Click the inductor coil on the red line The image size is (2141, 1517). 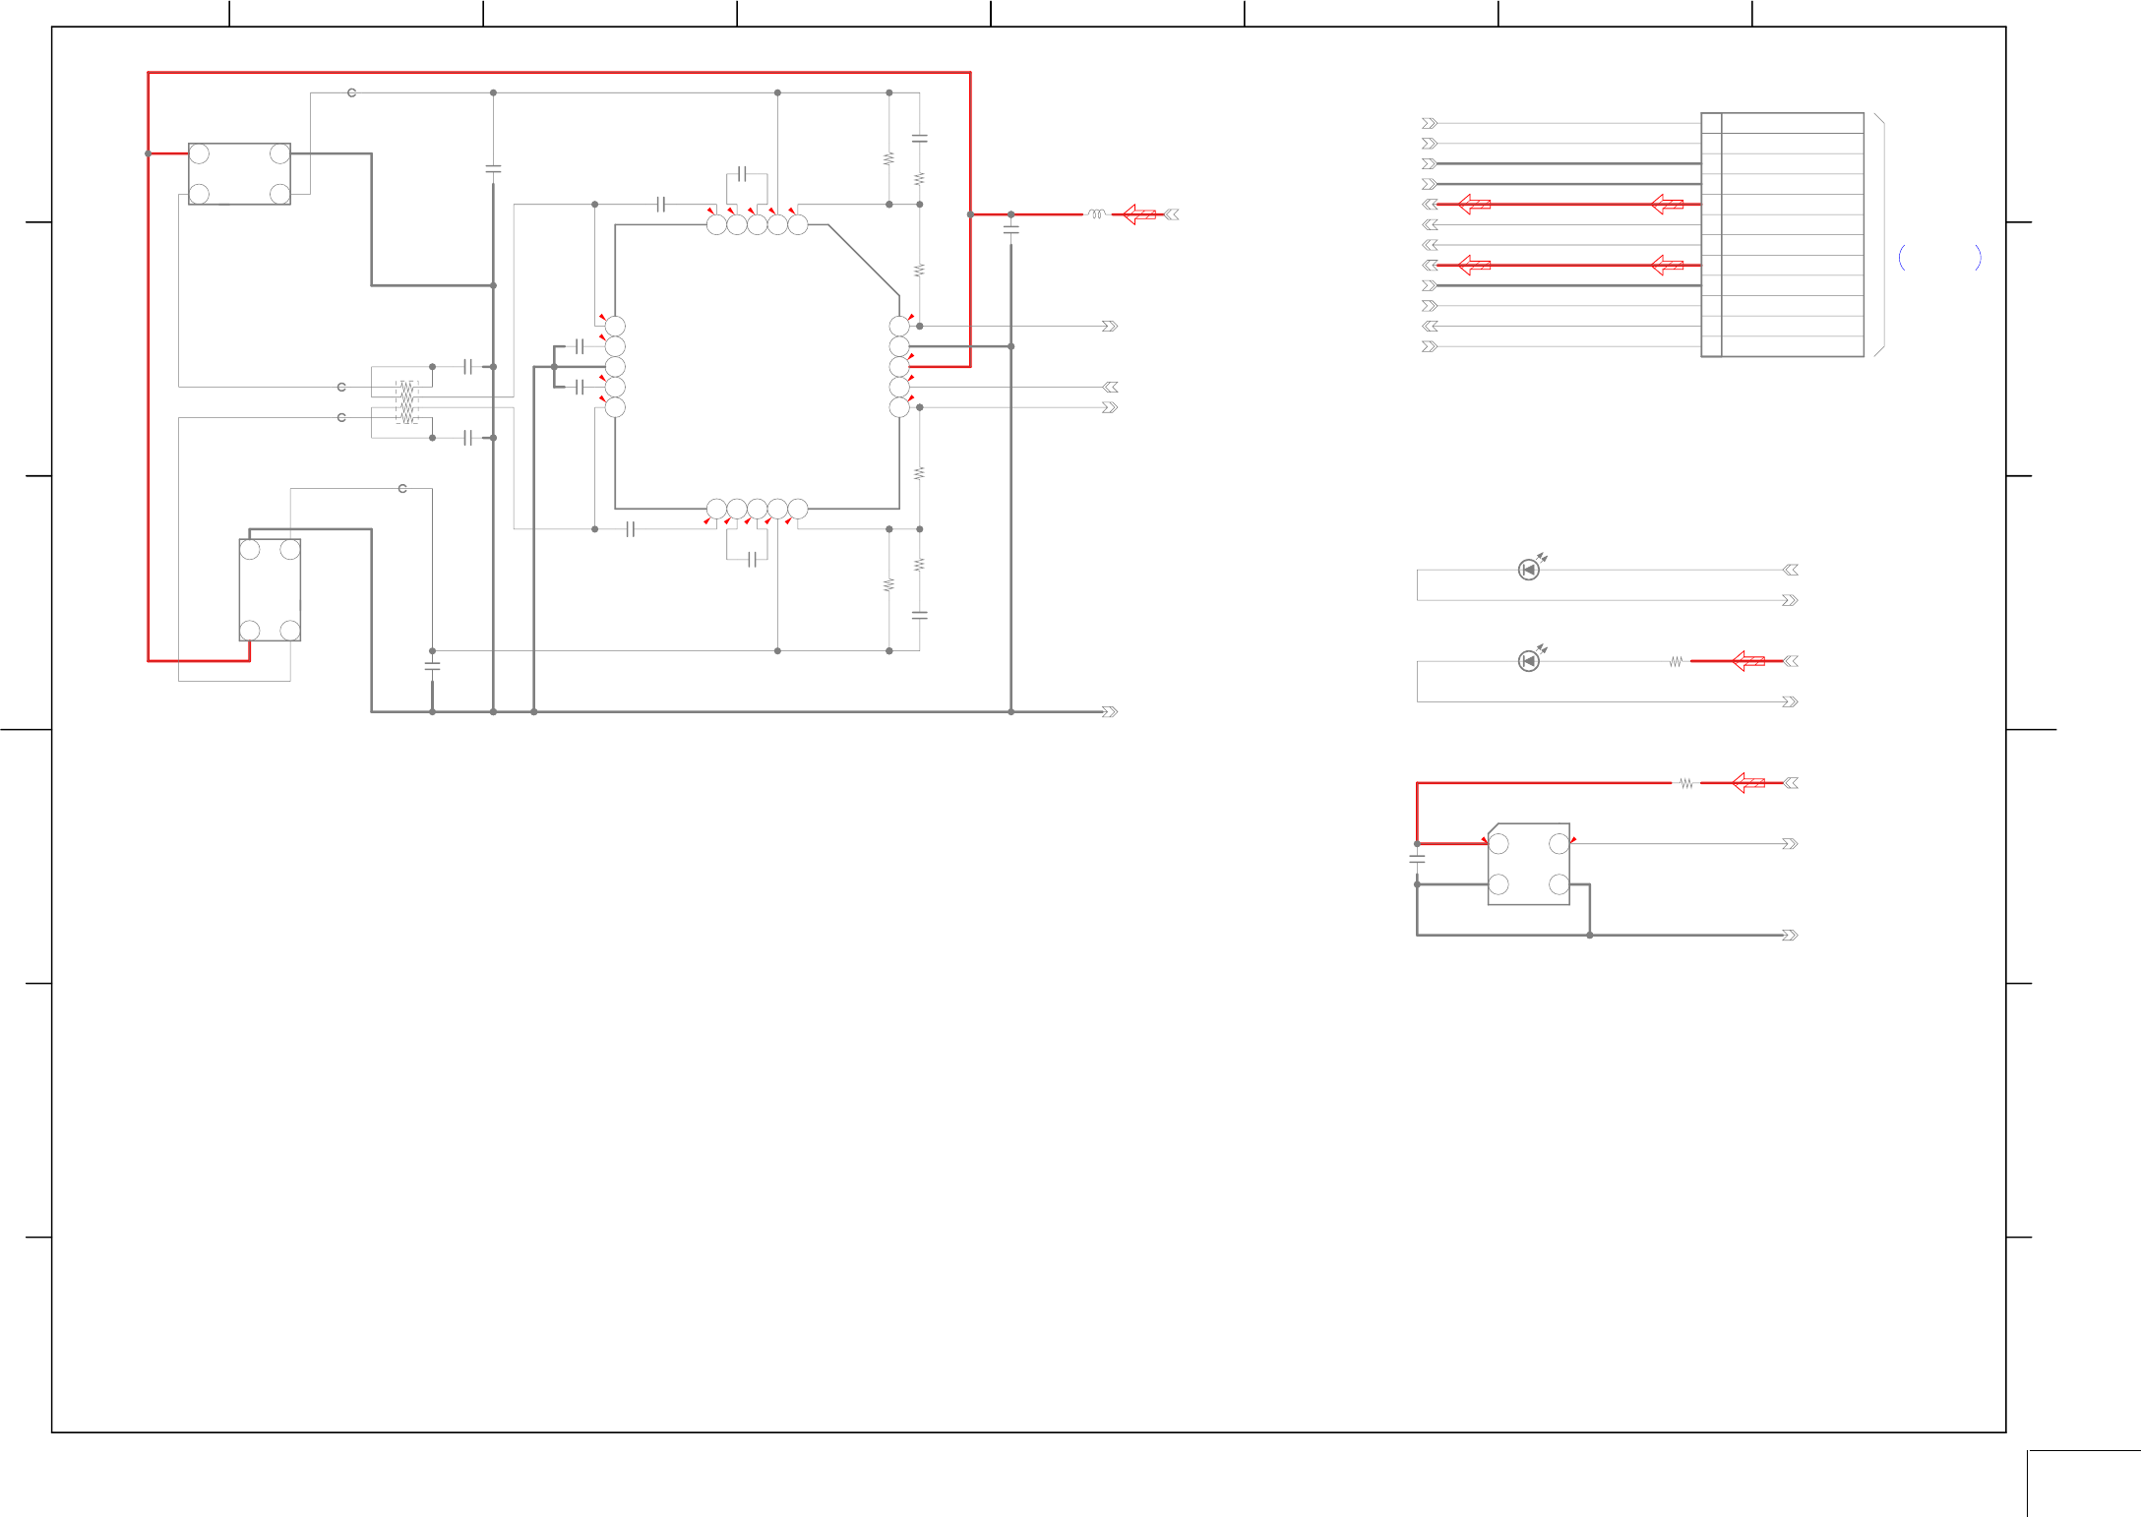tap(1096, 213)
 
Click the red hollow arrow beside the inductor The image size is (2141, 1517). tap(1139, 214)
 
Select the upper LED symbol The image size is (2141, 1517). tap(1528, 570)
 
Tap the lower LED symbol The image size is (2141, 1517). tap(1528, 661)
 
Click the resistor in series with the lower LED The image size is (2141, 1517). tap(1676, 662)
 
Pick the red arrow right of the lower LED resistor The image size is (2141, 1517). tap(1748, 661)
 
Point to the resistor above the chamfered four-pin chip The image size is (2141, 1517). tap(1686, 784)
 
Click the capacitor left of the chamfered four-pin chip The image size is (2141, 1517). tap(1417, 859)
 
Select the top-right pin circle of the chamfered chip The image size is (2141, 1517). tap(1559, 844)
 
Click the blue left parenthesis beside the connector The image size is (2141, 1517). tap(1902, 258)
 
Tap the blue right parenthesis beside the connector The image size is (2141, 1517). tap(1978, 258)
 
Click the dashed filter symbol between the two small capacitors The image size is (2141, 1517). tap(406, 401)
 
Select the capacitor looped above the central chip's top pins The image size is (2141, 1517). tap(742, 174)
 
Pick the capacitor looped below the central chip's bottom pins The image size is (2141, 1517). tap(752, 560)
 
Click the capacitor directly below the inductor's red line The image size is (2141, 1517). tap(1010, 230)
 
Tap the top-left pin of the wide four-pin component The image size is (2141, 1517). tap(199, 153)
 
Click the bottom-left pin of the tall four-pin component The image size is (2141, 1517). tap(250, 630)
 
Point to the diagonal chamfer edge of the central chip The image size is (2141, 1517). tap(863, 259)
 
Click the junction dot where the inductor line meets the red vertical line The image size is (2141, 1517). tap(970, 214)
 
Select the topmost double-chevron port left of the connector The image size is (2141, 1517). tap(1430, 123)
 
